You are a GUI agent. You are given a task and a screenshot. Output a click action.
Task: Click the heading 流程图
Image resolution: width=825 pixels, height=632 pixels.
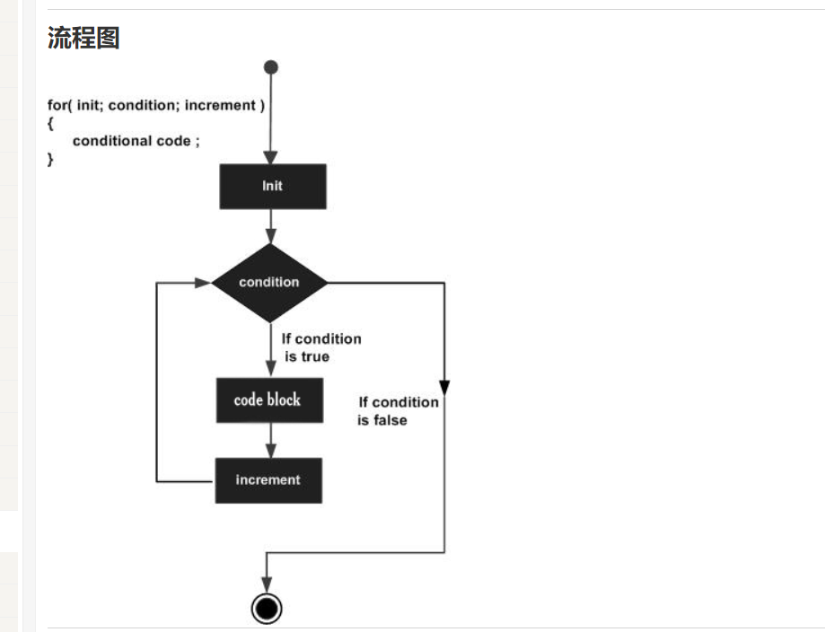(83, 38)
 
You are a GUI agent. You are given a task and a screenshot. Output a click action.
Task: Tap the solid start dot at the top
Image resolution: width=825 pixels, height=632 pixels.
(271, 67)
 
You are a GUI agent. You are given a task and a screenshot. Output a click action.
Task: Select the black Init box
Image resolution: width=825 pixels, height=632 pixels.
(272, 186)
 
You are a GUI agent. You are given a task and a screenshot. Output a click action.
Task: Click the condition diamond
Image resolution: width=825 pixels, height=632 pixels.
(269, 282)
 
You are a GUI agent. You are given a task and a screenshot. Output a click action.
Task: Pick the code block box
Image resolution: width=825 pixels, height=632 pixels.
(268, 399)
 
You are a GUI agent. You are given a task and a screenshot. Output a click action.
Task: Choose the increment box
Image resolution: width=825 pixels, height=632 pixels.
(268, 480)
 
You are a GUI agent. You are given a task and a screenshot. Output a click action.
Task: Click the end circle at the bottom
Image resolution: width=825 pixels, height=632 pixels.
(267, 609)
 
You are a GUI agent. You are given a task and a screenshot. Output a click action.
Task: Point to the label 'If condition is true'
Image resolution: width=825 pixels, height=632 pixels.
(320, 347)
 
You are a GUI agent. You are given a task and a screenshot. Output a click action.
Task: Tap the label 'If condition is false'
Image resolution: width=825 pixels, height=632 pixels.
(398, 411)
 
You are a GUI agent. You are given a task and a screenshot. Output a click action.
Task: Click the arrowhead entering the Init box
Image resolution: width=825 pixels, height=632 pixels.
(270, 157)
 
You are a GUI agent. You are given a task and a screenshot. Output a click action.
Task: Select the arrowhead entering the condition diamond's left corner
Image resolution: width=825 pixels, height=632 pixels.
(203, 282)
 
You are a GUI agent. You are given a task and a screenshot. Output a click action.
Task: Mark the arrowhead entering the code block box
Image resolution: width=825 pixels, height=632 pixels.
(270, 370)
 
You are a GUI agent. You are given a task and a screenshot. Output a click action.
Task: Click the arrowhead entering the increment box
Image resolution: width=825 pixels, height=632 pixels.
(270, 451)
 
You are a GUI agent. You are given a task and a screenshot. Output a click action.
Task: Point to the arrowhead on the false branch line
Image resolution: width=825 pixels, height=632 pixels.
(444, 388)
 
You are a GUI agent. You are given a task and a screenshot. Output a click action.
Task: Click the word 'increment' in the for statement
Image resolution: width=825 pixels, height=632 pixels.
(221, 106)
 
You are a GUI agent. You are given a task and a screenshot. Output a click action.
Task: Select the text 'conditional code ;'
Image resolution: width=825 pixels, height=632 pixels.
(136, 141)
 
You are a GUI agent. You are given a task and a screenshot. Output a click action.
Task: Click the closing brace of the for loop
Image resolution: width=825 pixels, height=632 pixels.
(50, 159)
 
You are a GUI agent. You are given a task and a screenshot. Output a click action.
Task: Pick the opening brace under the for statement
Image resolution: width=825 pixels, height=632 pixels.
(50, 123)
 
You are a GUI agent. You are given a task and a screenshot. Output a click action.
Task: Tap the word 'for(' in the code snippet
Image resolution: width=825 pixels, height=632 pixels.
(59, 106)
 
